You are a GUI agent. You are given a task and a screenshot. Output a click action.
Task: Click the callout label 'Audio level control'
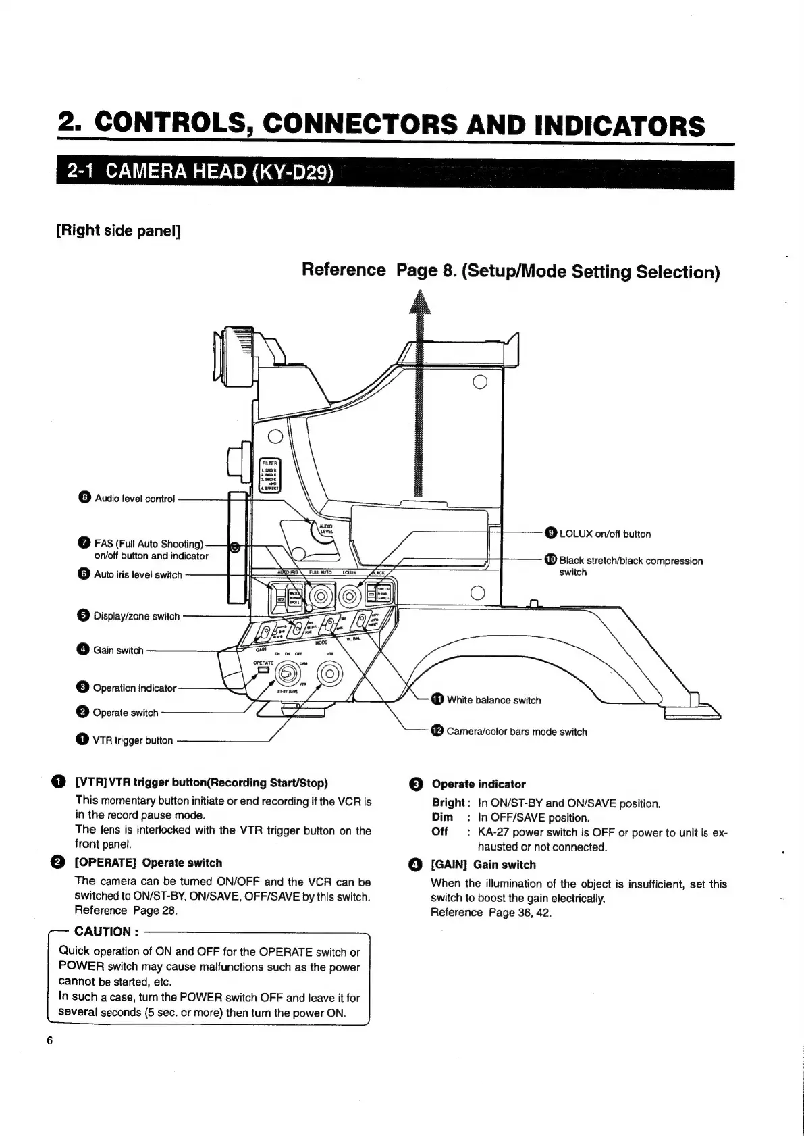[x=134, y=499]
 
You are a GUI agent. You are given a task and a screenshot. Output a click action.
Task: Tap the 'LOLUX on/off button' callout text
[x=605, y=534]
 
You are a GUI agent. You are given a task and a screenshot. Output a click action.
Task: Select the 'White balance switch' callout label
[x=493, y=700]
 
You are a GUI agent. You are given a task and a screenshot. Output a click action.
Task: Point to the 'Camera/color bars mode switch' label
[x=516, y=732]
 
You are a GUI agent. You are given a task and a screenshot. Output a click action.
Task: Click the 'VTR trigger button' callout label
[x=132, y=740]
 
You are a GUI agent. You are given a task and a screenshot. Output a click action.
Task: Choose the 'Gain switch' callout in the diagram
[x=118, y=650]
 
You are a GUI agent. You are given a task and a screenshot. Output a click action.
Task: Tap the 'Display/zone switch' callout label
[x=136, y=616]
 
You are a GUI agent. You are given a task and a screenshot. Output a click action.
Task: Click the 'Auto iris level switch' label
[x=138, y=575]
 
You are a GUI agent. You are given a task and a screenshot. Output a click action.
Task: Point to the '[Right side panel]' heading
[x=118, y=231]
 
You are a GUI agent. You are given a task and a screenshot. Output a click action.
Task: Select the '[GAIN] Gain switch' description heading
[x=483, y=865]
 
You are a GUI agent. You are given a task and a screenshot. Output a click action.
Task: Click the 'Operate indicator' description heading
[x=478, y=784]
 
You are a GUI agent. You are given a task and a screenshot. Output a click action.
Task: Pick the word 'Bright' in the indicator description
[x=448, y=803]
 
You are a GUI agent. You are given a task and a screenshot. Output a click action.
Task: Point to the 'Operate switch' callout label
[x=125, y=713]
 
